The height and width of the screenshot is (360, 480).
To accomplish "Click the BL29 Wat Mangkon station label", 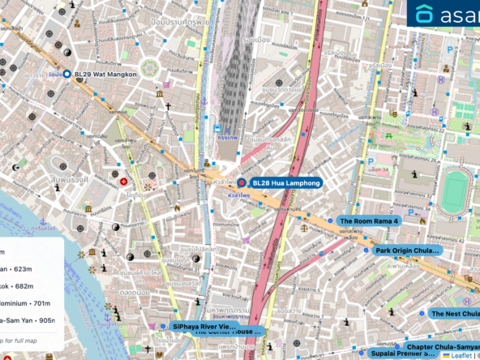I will point(105,75).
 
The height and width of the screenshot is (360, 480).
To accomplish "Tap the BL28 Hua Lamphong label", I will point(286,183).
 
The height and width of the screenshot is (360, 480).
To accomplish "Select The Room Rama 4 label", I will point(368,221).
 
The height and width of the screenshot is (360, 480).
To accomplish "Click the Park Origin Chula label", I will point(407,251).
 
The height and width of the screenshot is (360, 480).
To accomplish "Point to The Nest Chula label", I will point(454,314).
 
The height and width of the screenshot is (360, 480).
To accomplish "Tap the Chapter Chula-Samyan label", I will point(443,346).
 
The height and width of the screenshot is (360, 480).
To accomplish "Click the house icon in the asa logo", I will point(425,15).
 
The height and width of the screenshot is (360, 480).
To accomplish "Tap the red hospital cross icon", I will point(123,182).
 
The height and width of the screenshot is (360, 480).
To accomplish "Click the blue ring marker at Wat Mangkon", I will point(67,75).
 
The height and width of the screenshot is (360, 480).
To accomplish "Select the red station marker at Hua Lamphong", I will point(241,183).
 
